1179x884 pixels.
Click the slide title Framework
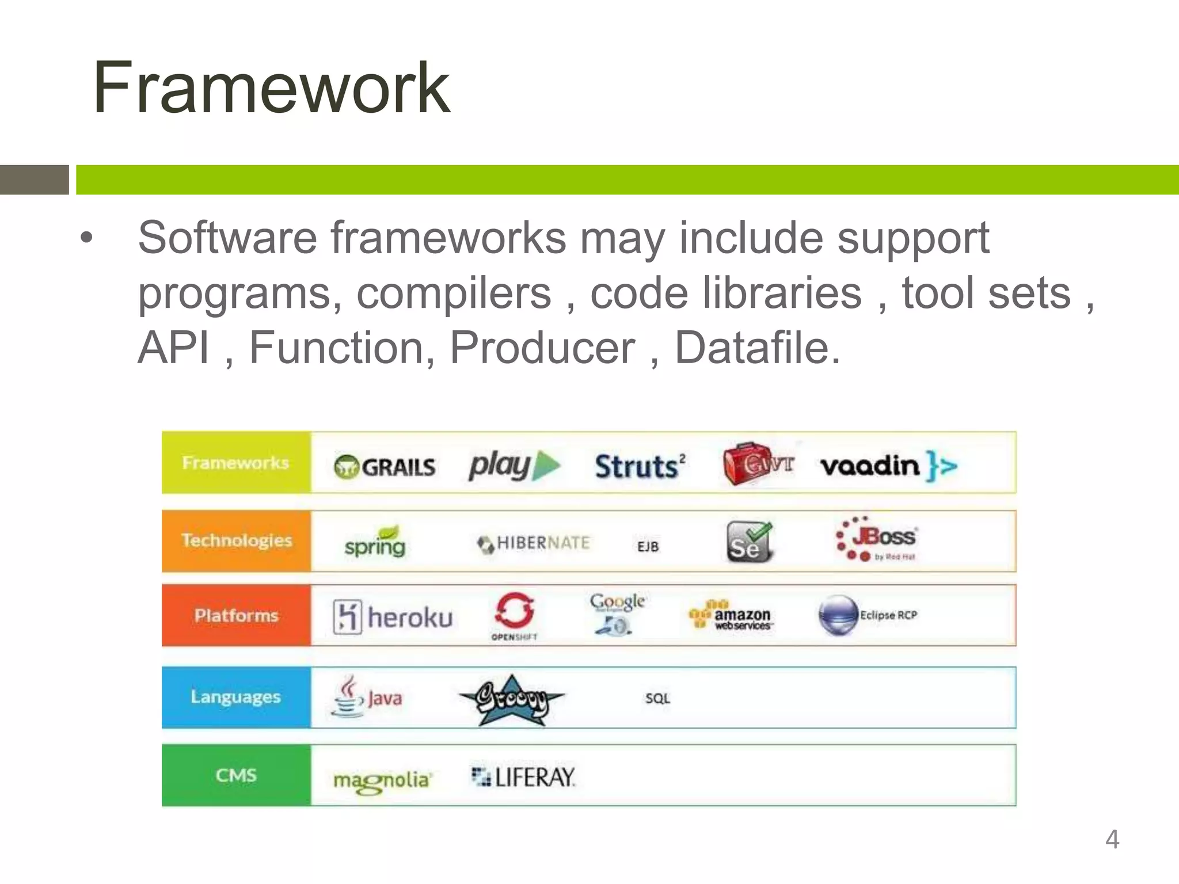click(271, 88)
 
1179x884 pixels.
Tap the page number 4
click(1112, 839)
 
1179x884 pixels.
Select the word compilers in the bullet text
click(454, 293)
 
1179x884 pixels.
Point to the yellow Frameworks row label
click(236, 463)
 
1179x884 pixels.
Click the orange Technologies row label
click(236, 540)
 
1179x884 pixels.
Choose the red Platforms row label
click(236, 615)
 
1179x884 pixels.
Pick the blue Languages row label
click(236, 697)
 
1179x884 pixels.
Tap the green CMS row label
click(236, 775)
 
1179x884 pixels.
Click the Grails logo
click(385, 466)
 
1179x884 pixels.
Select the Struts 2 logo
click(640, 466)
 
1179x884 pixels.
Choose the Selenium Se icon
click(748, 542)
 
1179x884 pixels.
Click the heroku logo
click(393, 617)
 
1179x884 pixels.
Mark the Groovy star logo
click(512, 699)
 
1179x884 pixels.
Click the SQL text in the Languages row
click(657, 698)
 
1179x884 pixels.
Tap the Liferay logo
click(523, 777)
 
